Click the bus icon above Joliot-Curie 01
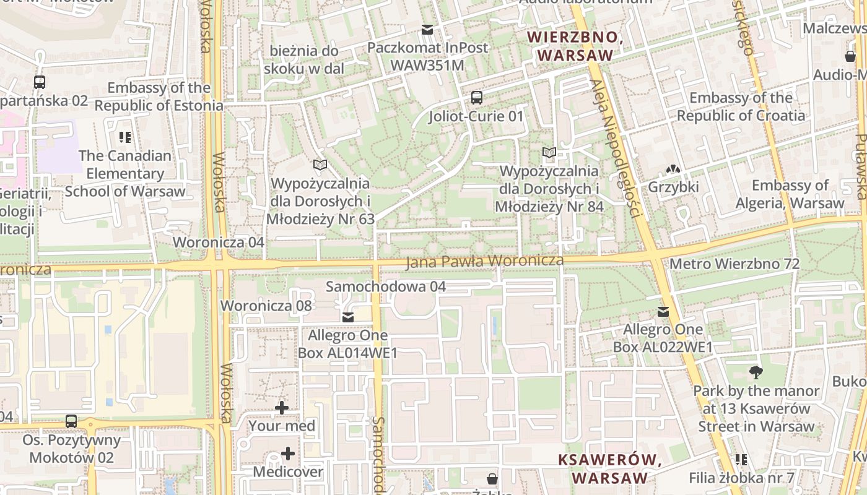pos(476,97)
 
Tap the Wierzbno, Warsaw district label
pos(575,46)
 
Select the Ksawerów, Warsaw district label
pos(610,468)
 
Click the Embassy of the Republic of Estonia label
pos(159,97)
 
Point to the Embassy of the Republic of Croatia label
pos(741,106)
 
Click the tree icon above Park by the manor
pos(756,372)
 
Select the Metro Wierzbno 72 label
pos(734,264)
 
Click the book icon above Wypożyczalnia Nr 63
pos(320,165)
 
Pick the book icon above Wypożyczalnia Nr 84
pos(549,152)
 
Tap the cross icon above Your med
pos(282,407)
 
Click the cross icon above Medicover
pos(288,454)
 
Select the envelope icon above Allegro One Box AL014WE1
pos(348,317)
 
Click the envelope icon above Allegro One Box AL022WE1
pos(663,311)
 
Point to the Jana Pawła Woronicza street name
pos(484,262)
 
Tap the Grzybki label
pos(673,187)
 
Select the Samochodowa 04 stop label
pos(386,286)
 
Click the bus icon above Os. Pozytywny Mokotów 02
pos(71,421)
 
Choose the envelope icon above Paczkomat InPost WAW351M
pos(427,29)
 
